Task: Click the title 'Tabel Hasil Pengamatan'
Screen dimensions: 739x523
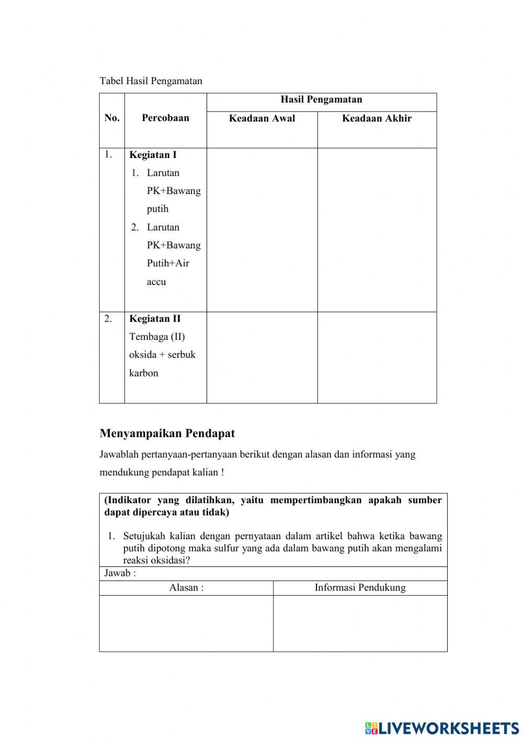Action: [151, 81]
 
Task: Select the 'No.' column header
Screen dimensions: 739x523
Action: [112, 118]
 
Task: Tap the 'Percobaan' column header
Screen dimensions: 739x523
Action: [165, 118]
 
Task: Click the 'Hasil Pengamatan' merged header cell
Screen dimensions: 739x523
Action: [321, 100]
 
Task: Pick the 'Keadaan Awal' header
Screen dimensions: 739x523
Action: [262, 119]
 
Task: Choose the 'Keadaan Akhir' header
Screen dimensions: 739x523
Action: [377, 119]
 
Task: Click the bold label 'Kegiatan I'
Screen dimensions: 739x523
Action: [153, 155]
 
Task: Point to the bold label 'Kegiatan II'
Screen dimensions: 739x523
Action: [155, 319]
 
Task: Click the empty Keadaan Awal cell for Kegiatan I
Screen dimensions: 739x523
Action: [262, 230]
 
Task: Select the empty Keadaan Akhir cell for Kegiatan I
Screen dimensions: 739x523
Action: [377, 230]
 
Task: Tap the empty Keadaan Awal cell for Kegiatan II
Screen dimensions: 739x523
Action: [262, 357]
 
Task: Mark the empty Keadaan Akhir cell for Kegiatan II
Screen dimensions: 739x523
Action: [377, 357]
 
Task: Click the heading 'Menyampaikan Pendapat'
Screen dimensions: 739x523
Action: [167, 434]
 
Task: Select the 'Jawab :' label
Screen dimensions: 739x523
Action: [120, 573]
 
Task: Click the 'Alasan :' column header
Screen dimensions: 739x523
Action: [186, 588]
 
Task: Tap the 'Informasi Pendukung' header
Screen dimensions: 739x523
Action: [360, 588]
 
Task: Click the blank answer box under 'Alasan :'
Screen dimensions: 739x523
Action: [186, 623]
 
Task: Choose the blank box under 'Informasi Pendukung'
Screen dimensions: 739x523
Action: [360, 623]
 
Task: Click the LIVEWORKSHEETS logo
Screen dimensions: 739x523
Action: [442, 727]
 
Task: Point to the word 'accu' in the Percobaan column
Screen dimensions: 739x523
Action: [156, 282]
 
